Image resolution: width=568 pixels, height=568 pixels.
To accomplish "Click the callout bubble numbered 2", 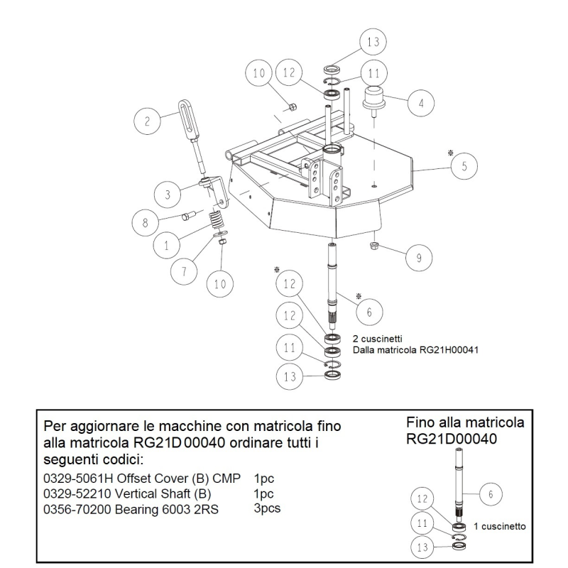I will click(x=147, y=121).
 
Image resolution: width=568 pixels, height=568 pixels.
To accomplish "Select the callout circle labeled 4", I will click(x=421, y=104).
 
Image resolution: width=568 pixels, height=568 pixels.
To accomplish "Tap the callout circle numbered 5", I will click(x=464, y=167).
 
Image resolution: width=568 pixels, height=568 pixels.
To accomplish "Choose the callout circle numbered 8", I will click(x=146, y=223).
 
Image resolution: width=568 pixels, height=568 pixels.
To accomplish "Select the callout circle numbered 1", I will click(x=165, y=246).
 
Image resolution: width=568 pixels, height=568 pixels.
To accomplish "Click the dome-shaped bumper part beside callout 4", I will click(x=374, y=98).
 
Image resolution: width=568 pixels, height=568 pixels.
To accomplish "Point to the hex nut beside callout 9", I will click(x=374, y=246).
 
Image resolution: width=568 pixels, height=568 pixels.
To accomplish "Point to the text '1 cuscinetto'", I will click(x=499, y=526).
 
